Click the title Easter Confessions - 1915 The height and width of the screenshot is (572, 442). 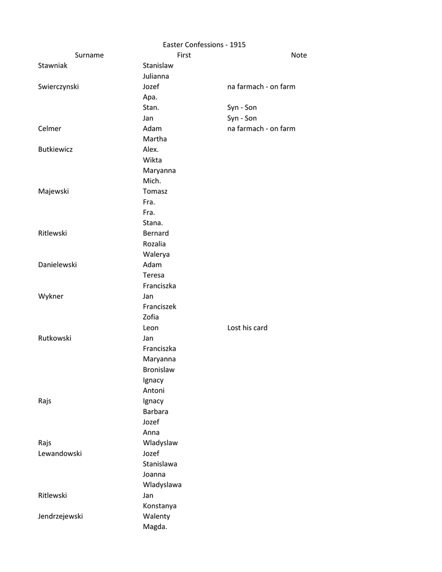point(204,45)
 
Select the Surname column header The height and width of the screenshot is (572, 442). point(89,55)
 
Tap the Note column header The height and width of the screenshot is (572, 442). point(298,55)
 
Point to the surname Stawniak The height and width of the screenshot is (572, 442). point(53,65)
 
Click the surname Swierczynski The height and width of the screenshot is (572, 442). point(58,87)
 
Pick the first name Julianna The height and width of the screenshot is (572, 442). point(156,76)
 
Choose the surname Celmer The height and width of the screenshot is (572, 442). point(50,128)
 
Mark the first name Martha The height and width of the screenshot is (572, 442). point(155,139)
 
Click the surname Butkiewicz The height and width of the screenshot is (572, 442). point(55,150)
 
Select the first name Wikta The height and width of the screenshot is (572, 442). point(152,160)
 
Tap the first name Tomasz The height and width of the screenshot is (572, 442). point(155,191)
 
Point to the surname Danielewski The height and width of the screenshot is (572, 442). point(58,265)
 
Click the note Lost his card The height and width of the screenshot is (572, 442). point(247,328)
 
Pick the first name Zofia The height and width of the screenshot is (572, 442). point(151,317)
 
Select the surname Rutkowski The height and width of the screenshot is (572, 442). point(55,339)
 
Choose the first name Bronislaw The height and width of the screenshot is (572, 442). point(159,370)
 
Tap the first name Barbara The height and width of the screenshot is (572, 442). point(155,412)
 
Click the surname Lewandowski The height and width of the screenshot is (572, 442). point(60,454)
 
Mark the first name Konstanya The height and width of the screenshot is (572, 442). point(160,506)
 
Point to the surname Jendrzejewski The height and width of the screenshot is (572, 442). point(60,517)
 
